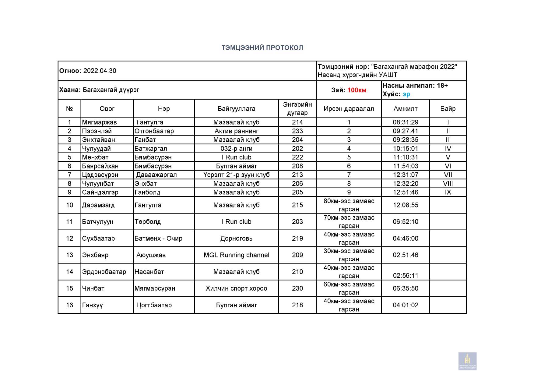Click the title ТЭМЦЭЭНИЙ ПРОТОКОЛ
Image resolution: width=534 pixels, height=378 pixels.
(262, 48)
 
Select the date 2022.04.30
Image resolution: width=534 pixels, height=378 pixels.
(100, 71)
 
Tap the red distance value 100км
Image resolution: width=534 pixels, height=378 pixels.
(357, 90)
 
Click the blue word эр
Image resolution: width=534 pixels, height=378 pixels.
(406, 94)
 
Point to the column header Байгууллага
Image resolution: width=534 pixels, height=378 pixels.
(236, 109)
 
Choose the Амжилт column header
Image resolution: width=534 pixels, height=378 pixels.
(405, 109)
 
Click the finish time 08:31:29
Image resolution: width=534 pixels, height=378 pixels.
(405, 122)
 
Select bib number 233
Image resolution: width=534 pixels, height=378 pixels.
(297, 131)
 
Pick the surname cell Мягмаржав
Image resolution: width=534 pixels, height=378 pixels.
(99, 122)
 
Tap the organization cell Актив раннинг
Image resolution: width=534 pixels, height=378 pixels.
(236, 131)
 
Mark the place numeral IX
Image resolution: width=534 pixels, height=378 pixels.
(448, 192)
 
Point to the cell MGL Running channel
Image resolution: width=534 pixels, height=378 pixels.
(236, 255)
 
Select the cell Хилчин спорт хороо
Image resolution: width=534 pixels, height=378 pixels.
(236, 288)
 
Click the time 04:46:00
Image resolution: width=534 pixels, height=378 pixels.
(405, 238)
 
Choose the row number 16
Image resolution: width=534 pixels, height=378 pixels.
(69, 305)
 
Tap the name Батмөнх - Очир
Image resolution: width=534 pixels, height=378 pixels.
(158, 238)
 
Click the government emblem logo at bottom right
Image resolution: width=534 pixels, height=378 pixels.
(467, 361)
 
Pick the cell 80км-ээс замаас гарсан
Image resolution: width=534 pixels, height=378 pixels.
(349, 205)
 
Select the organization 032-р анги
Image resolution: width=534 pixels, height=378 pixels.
(236, 149)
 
